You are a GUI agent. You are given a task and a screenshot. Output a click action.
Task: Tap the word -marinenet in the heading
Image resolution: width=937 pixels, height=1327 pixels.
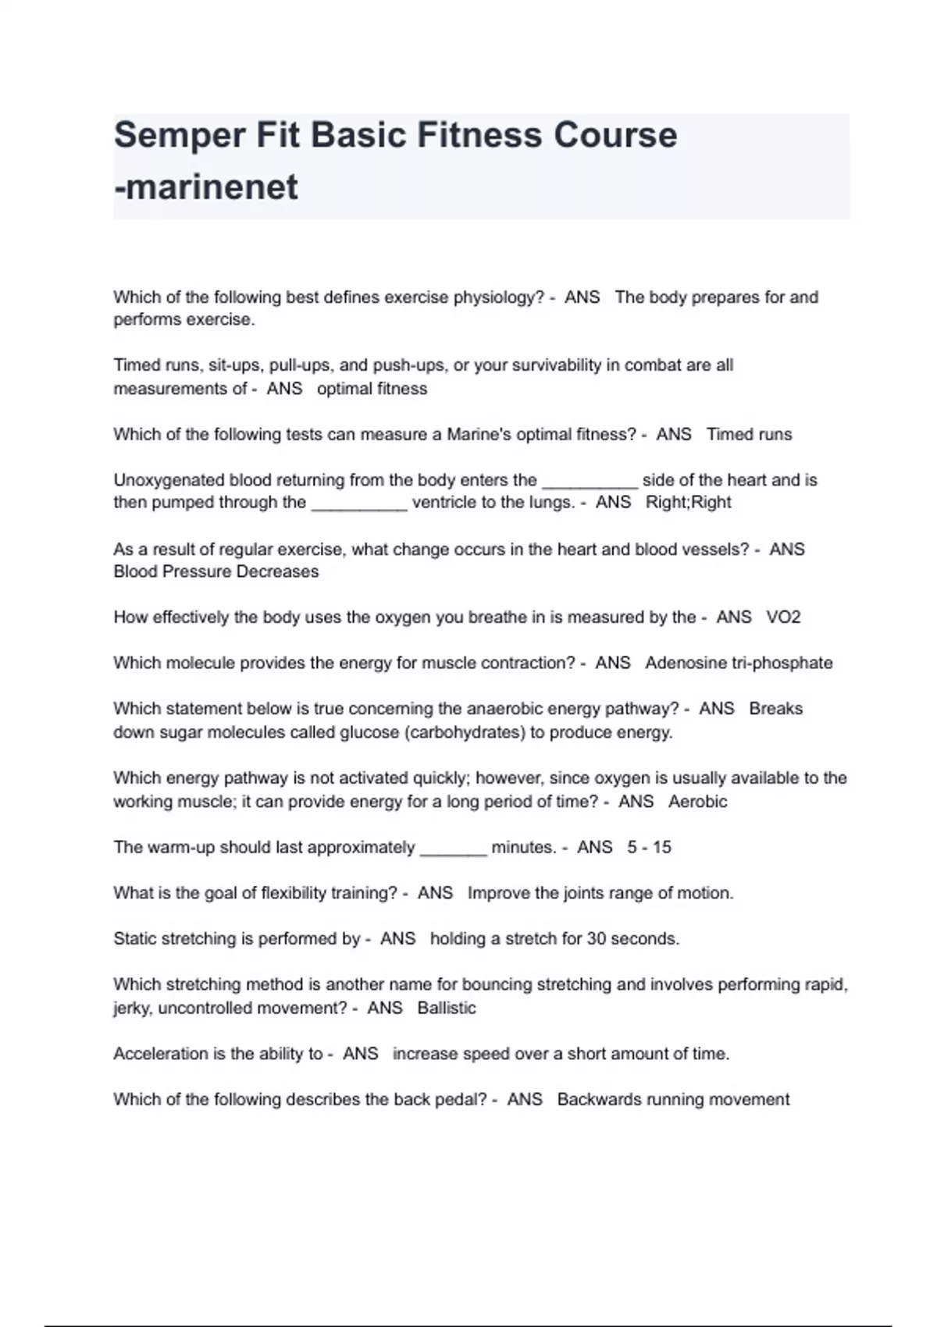coord(206,187)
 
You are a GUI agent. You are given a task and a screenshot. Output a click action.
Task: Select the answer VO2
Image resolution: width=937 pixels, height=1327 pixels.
coord(783,617)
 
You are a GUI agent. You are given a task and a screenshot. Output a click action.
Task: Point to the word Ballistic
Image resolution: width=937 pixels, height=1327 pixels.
coord(446,1008)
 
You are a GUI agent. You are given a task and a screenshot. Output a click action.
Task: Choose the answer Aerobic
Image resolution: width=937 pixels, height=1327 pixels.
coord(697,802)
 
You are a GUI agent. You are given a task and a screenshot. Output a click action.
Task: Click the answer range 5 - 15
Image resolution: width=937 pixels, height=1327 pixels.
coord(649,847)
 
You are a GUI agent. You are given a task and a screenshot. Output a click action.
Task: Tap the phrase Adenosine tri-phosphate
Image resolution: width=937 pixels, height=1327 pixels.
coord(739,663)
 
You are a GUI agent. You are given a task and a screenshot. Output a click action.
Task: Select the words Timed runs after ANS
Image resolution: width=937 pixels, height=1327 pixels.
coord(749,434)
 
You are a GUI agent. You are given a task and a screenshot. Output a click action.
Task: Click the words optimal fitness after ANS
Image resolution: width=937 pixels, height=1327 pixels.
coord(372,389)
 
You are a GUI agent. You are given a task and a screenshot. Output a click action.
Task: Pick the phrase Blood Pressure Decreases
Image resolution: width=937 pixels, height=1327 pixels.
coord(216,571)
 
